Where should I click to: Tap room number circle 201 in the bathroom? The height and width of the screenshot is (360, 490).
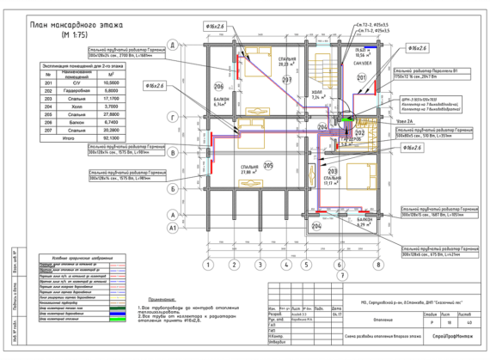tap(362, 79)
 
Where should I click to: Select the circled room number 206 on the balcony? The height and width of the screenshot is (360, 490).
tap(219, 88)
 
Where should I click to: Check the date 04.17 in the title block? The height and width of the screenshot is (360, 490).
tap(336, 313)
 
